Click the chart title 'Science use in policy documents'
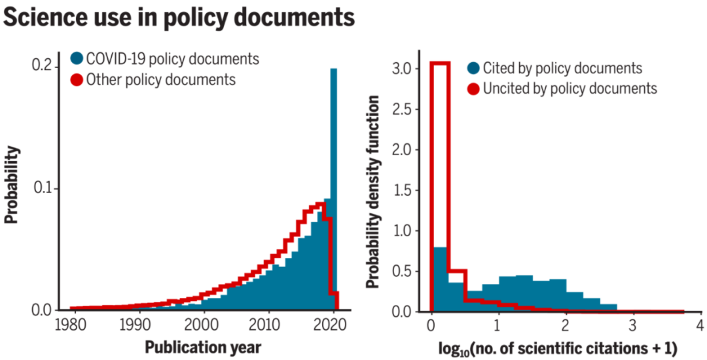click(x=179, y=18)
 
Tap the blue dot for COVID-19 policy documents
click(x=77, y=59)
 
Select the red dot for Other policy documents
click(x=77, y=80)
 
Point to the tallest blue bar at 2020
click(x=334, y=183)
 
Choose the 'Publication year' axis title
click(x=202, y=346)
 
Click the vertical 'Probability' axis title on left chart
click(x=12, y=185)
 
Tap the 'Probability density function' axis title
click(x=373, y=191)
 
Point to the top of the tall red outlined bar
click(x=439, y=63)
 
